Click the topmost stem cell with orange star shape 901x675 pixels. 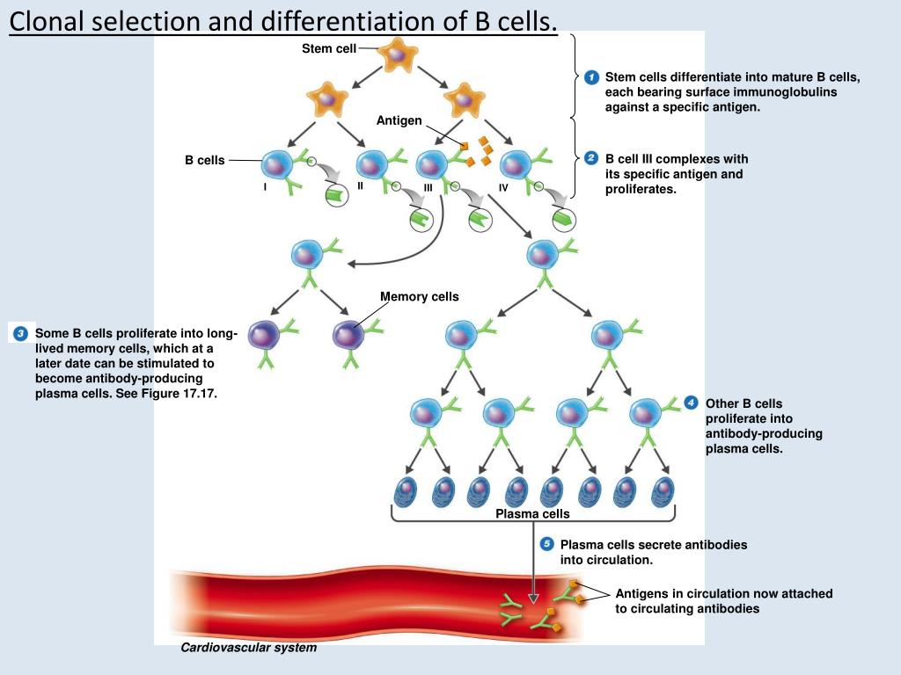pyautogui.click(x=397, y=54)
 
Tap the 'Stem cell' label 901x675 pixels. pyautogui.click(x=329, y=49)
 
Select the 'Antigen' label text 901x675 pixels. pyautogui.click(x=399, y=120)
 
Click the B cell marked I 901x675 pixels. pyautogui.click(x=277, y=166)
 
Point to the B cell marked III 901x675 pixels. pyautogui.click(x=431, y=165)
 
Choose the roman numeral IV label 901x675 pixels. pyautogui.click(x=503, y=187)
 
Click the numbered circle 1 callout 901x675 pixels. pyautogui.click(x=591, y=77)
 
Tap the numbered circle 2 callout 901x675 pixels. pyautogui.click(x=591, y=158)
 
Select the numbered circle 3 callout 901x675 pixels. pyautogui.click(x=21, y=333)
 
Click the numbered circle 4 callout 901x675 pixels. pyautogui.click(x=691, y=403)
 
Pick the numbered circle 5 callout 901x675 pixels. pyautogui.click(x=546, y=544)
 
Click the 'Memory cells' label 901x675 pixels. pyautogui.click(x=420, y=297)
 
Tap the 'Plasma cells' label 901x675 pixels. pyautogui.click(x=532, y=513)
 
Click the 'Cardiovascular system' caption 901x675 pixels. pyautogui.click(x=248, y=648)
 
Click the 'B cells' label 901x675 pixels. pyautogui.click(x=204, y=160)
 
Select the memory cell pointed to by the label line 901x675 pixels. pyautogui.click(x=348, y=335)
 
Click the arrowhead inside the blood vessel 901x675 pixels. pyautogui.click(x=533, y=599)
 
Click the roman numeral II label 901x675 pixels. pyautogui.click(x=360, y=186)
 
